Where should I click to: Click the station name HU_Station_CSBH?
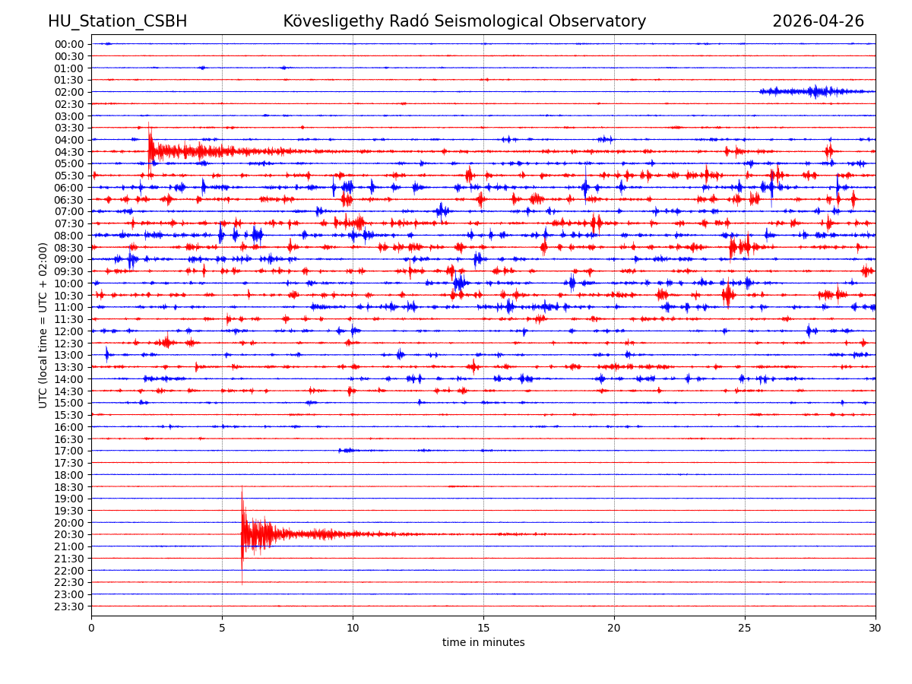pos(117,21)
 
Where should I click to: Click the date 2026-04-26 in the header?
pos(818,21)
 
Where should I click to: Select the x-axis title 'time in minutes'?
pos(483,642)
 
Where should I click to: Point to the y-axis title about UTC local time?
pos(43,325)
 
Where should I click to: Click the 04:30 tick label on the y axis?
pos(69,152)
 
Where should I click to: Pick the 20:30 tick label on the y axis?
pos(69,534)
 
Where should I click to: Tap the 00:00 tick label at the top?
pos(69,44)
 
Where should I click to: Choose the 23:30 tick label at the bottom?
pos(69,606)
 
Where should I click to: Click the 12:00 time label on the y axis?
pos(69,331)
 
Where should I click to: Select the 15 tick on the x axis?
pos(483,628)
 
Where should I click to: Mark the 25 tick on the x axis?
pos(745,628)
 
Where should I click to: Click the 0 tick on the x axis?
pos(91,628)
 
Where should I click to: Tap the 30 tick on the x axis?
pos(876,628)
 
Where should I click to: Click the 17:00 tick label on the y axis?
pos(69,451)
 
